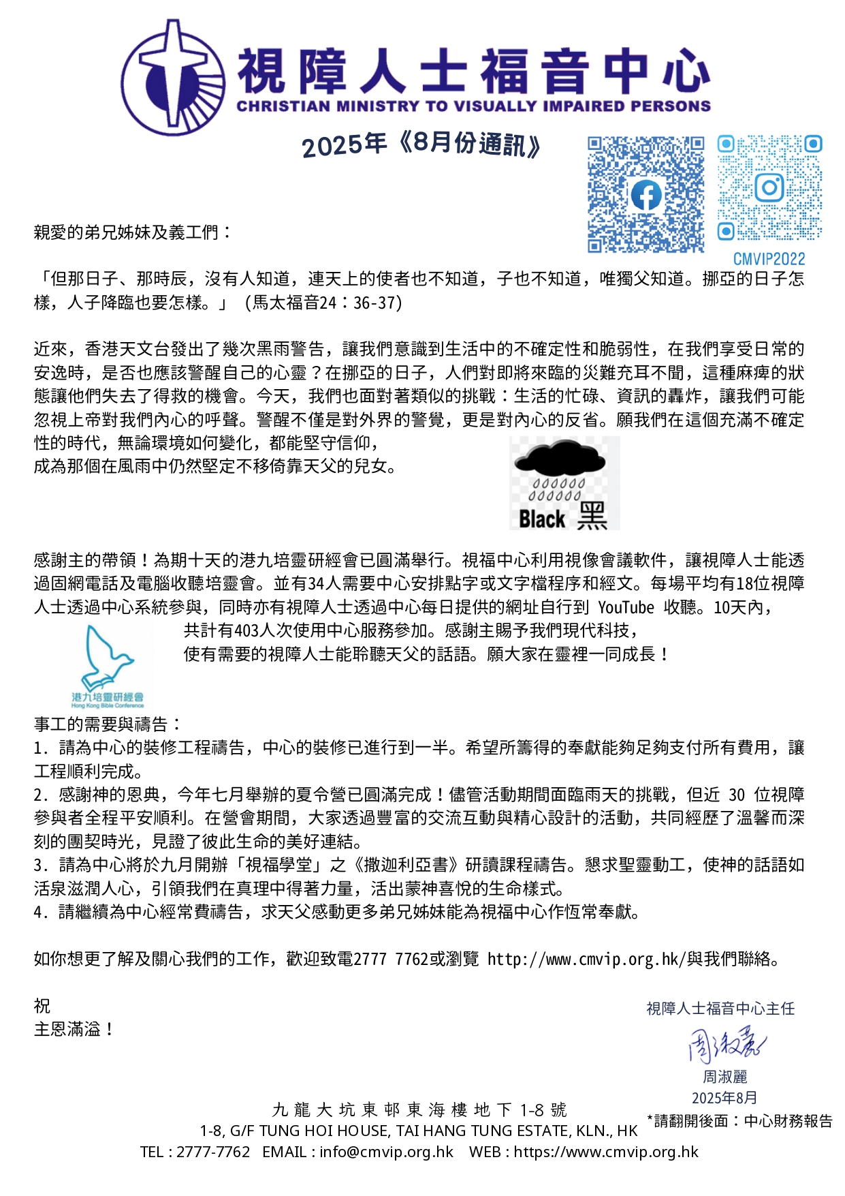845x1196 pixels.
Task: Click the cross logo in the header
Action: [x=174, y=76]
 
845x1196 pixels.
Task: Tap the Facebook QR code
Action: [x=645, y=194]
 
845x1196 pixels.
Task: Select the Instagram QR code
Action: [x=769, y=188]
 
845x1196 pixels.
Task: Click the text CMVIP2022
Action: [x=769, y=259]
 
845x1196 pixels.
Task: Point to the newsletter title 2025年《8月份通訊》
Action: [x=421, y=144]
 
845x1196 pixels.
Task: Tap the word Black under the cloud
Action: [x=542, y=519]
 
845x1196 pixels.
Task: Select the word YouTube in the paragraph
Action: [x=626, y=607]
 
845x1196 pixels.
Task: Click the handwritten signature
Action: [x=726, y=1043]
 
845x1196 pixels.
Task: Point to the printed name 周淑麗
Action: [x=725, y=1077]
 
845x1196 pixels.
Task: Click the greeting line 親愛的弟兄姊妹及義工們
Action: [x=133, y=232]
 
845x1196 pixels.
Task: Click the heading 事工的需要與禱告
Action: [x=108, y=724]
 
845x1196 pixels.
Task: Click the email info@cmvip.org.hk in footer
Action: [x=386, y=1152]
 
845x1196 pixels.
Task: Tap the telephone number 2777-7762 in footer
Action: [x=213, y=1152]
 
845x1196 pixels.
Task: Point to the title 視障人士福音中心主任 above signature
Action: [x=720, y=1009]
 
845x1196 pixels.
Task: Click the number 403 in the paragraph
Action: [x=246, y=630]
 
